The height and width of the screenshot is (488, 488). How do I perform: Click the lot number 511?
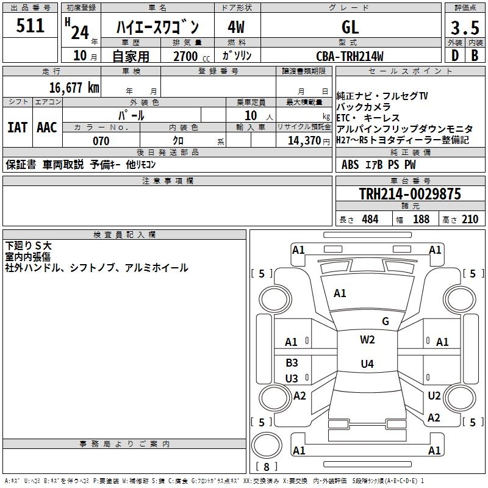(30, 26)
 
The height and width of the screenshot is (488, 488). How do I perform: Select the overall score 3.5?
(464, 27)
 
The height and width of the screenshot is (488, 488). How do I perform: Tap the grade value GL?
(351, 27)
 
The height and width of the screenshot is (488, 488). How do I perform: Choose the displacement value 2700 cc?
(186, 56)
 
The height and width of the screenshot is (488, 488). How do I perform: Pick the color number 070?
(101, 141)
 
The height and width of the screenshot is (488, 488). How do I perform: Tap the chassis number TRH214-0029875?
(410, 194)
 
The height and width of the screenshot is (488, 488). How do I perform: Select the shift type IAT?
(17, 127)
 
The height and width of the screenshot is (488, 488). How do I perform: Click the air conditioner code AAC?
(47, 127)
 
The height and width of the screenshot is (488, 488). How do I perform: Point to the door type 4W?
(236, 27)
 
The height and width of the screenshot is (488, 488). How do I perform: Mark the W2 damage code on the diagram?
(367, 340)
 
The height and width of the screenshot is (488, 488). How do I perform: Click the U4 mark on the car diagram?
(367, 364)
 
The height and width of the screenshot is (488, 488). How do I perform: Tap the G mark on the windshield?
(385, 321)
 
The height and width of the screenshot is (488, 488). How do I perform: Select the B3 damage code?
(292, 362)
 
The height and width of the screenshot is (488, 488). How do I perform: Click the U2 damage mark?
(434, 396)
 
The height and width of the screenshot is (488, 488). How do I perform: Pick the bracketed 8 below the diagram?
(266, 467)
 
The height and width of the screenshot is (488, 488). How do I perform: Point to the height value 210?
(470, 219)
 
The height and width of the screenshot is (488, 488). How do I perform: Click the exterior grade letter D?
(454, 56)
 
